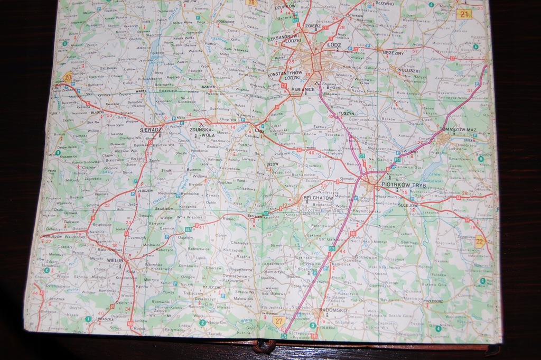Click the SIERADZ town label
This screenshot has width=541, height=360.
[151, 129]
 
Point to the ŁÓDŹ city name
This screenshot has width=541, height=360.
[334, 45]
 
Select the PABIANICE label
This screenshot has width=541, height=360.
[303, 90]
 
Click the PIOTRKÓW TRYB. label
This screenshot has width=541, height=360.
[404, 186]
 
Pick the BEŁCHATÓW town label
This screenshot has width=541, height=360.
[317, 198]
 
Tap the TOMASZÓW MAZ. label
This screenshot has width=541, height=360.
[458, 130]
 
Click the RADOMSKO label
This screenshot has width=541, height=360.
[329, 310]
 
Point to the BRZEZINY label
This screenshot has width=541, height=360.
[393, 53]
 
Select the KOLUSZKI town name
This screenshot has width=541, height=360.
[409, 70]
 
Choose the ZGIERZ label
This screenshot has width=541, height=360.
[313, 25]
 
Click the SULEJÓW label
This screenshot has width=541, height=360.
[408, 205]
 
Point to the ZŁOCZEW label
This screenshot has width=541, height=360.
[145, 190]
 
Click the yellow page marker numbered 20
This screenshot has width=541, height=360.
[68, 77]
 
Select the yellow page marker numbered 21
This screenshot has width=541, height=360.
[464, 15]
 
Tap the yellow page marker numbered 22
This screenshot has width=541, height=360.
[480, 242]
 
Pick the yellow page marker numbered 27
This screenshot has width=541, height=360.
[278, 320]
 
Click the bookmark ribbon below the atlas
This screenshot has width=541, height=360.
[264, 346]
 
